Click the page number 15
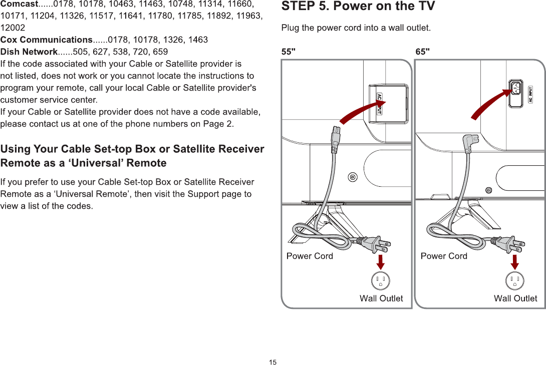pos(272,362)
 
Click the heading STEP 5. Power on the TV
pos(358,7)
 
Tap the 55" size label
pos(289,51)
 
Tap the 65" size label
pos(423,51)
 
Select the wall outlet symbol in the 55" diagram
pos(381,280)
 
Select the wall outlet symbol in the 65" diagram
pos(515,280)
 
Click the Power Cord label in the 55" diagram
pos(310,256)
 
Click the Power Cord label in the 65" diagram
pos(444,256)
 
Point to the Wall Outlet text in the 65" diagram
pos(515,298)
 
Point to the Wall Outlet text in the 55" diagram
pos(381,298)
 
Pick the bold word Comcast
pos(20,5)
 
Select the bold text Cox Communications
pos(46,40)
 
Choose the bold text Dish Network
pos(29,52)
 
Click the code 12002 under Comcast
pos(13,28)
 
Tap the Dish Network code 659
pos(160,52)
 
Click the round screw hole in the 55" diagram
pos(353,177)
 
